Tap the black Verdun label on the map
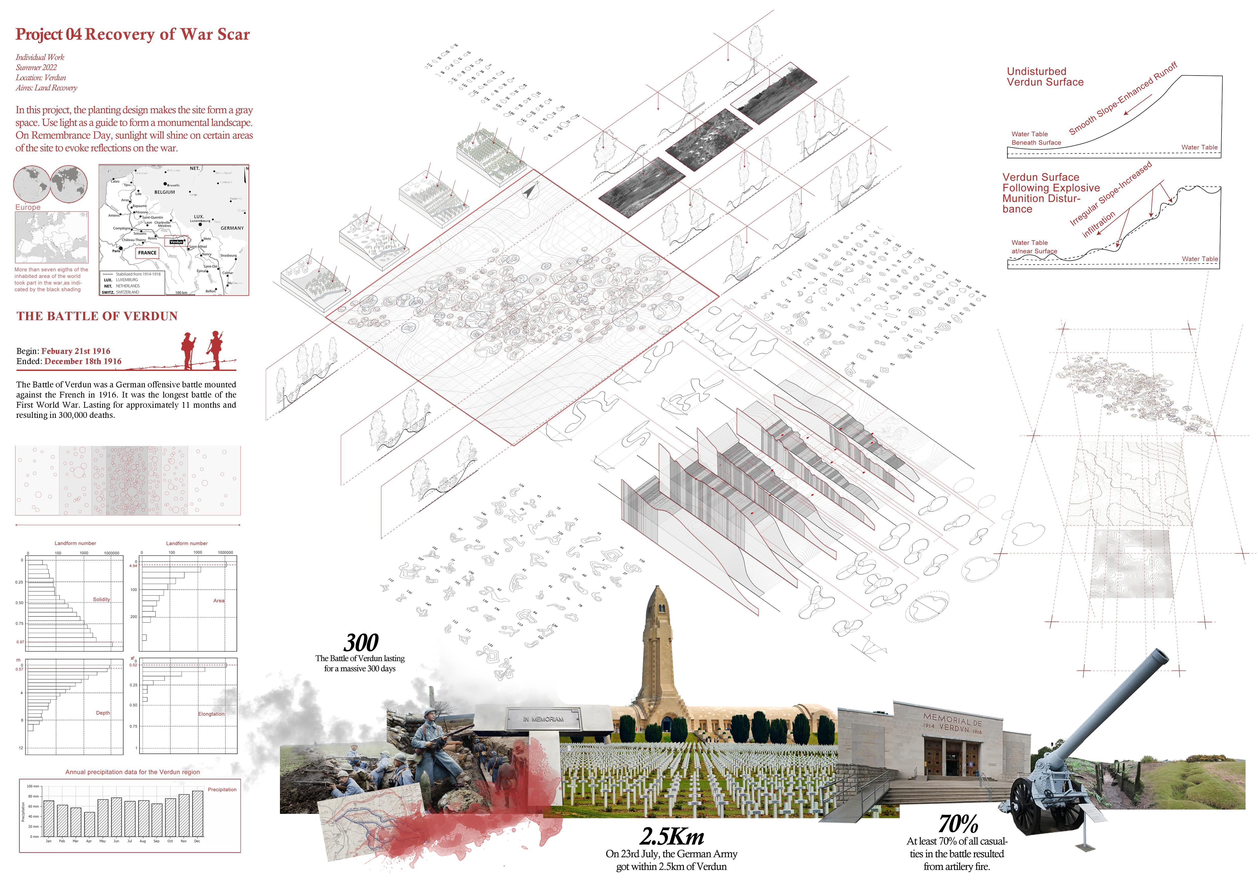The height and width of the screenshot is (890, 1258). pyautogui.click(x=176, y=242)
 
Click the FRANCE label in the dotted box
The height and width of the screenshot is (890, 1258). pyautogui.click(x=147, y=253)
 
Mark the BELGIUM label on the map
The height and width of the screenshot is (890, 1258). pyautogui.click(x=164, y=192)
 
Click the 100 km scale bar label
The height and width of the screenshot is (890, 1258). pyautogui.click(x=181, y=293)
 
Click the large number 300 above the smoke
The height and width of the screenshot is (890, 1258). pyautogui.click(x=361, y=642)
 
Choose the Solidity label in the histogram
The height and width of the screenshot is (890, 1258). pyautogui.click(x=101, y=600)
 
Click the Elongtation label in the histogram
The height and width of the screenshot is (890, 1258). pyautogui.click(x=211, y=714)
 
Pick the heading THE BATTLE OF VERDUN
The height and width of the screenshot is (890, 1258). pyautogui.click(x=97, y=316)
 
